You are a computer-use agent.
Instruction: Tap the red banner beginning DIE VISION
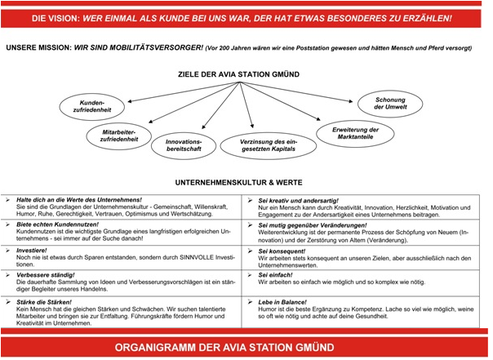point(246,16)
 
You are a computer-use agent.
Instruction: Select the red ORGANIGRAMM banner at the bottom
point(246,345)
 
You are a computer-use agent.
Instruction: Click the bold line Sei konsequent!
point(285,251)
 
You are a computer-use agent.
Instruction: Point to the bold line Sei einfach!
point(280,276)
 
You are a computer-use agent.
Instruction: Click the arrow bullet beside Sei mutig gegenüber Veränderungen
point(250,224)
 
